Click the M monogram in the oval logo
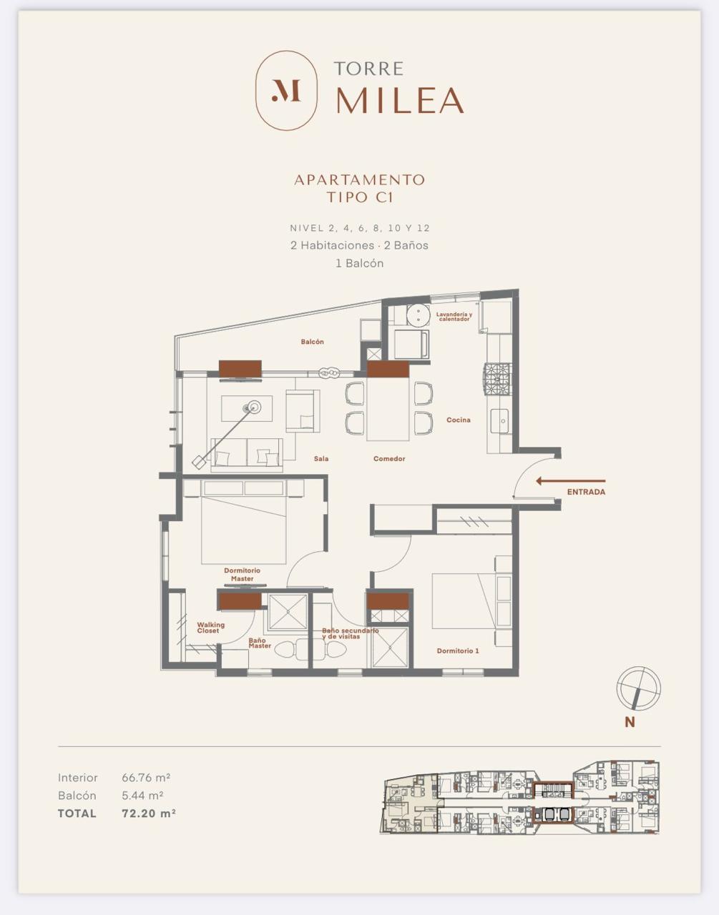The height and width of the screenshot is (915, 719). pos(286,90)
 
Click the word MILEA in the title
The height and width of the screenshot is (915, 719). pos(400,100)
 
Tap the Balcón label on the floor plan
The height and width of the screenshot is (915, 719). pos(312,342)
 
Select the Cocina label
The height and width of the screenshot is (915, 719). pos(459,420)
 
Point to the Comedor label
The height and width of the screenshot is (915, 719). pos(389,458)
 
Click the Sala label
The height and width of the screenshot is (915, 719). pos(321,458)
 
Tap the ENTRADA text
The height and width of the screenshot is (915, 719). pos(586,492)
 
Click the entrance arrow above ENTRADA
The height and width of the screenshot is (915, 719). pos(570,481)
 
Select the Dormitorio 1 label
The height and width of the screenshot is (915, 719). pos(458,651)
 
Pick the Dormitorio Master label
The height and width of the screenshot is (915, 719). pos(243,574)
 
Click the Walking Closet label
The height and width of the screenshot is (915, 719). pos(210,628)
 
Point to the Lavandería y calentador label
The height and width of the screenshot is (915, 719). pos(454,317)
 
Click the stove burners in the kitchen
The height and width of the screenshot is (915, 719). pos(498,380)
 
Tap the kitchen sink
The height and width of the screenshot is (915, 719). pos(502,420)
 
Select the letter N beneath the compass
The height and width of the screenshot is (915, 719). pos(630,722)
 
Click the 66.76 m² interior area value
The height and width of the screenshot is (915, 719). pos(146,778)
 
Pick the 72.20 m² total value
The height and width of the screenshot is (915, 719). pos(148,813)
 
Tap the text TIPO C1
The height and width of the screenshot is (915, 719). pos(360,197)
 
